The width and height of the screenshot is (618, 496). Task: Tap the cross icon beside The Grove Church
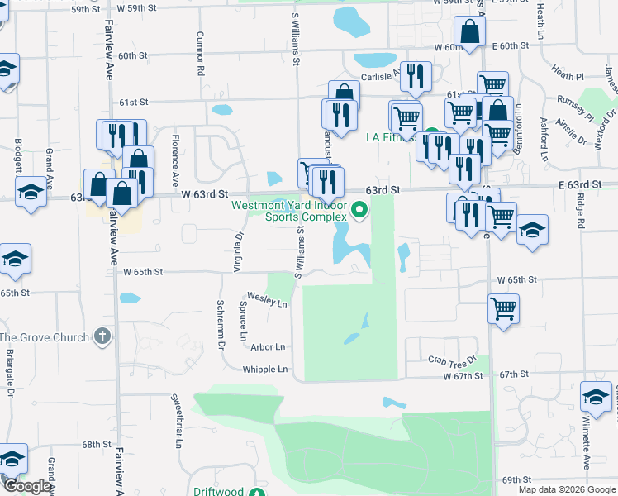pos(102,336)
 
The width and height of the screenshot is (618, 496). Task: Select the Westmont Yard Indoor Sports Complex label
pos(299,212)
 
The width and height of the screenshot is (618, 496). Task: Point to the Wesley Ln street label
pos(267,299)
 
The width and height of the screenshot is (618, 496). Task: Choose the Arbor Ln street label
pos(268,347)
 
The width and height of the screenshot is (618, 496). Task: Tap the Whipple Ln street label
pos(266,369)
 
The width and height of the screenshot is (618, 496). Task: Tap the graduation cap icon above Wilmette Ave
pos(596,398)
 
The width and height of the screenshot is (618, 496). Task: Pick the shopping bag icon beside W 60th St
pos(469,33)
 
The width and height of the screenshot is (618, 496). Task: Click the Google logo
pos(26,486)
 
